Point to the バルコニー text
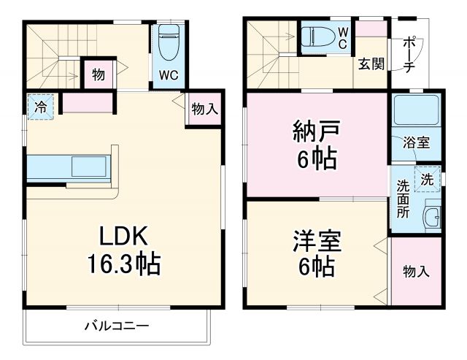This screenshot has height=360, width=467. click(116, 325)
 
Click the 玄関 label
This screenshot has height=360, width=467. click(370, 64)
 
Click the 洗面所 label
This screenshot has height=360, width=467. click(403, 196)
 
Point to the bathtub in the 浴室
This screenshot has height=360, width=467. click(414, 111)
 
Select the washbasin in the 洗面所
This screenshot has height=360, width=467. click(431, 218)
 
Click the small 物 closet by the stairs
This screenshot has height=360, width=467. click(98, 73)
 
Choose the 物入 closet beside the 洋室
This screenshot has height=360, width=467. click(416, 272)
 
